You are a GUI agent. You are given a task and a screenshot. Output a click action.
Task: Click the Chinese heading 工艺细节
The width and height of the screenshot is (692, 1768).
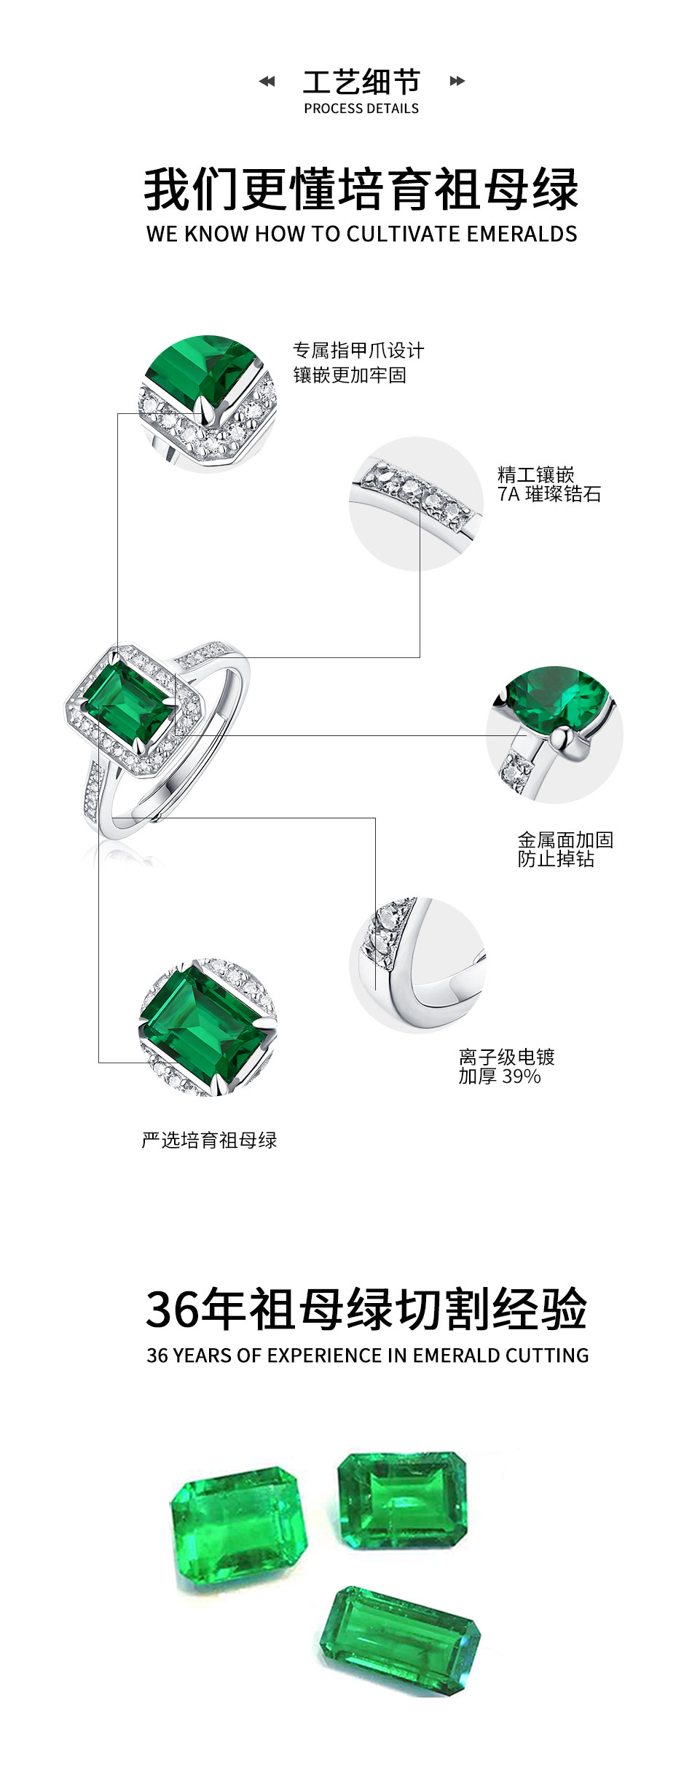pyautogui.click(x=361, y=82)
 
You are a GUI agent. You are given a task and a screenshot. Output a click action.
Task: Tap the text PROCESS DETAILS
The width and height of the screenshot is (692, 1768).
pyautogui.click(x=361, y=109)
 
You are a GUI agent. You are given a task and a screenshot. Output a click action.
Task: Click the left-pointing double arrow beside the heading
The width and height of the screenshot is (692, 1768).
pyautogui.click(x=267, y=81)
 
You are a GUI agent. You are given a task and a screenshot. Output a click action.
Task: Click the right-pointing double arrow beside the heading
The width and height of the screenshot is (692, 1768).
pyautogui.click(x=457, y=81)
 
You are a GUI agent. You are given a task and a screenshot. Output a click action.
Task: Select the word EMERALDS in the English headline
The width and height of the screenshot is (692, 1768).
pyautogui.click(x=522, y=234)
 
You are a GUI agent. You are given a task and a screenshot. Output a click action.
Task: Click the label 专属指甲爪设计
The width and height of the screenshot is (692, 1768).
pyautogui.click(x=358, y=351)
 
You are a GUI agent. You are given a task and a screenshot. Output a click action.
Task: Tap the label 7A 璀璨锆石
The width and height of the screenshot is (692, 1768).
pyautogui.click(x=549, y=494)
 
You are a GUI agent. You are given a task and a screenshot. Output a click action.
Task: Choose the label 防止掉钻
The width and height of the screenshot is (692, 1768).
pyautogui.click(x=556, y=859)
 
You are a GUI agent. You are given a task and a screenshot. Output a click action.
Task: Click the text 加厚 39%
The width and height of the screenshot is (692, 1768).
pyautogui.click(x=500, y=1076)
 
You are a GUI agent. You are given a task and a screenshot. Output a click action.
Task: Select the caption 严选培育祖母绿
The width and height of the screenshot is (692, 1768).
pyautogui.click(x=209, y=1141)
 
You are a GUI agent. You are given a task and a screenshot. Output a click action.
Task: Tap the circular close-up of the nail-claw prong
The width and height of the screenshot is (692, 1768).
pyautogui.click(x=208, y=404)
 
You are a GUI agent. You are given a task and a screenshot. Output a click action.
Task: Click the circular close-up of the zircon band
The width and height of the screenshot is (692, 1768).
pyautogui.click(x=416, y=504)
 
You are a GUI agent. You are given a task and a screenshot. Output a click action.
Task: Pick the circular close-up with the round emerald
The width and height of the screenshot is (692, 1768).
pyautogui.click(x=554, y=733)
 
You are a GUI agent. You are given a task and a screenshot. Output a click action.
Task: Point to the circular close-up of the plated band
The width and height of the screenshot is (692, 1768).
pyautogui.click(x=417, y=964)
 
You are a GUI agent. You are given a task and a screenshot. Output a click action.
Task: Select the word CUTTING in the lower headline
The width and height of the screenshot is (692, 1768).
pyautogui.click(x=547, y=1356)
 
